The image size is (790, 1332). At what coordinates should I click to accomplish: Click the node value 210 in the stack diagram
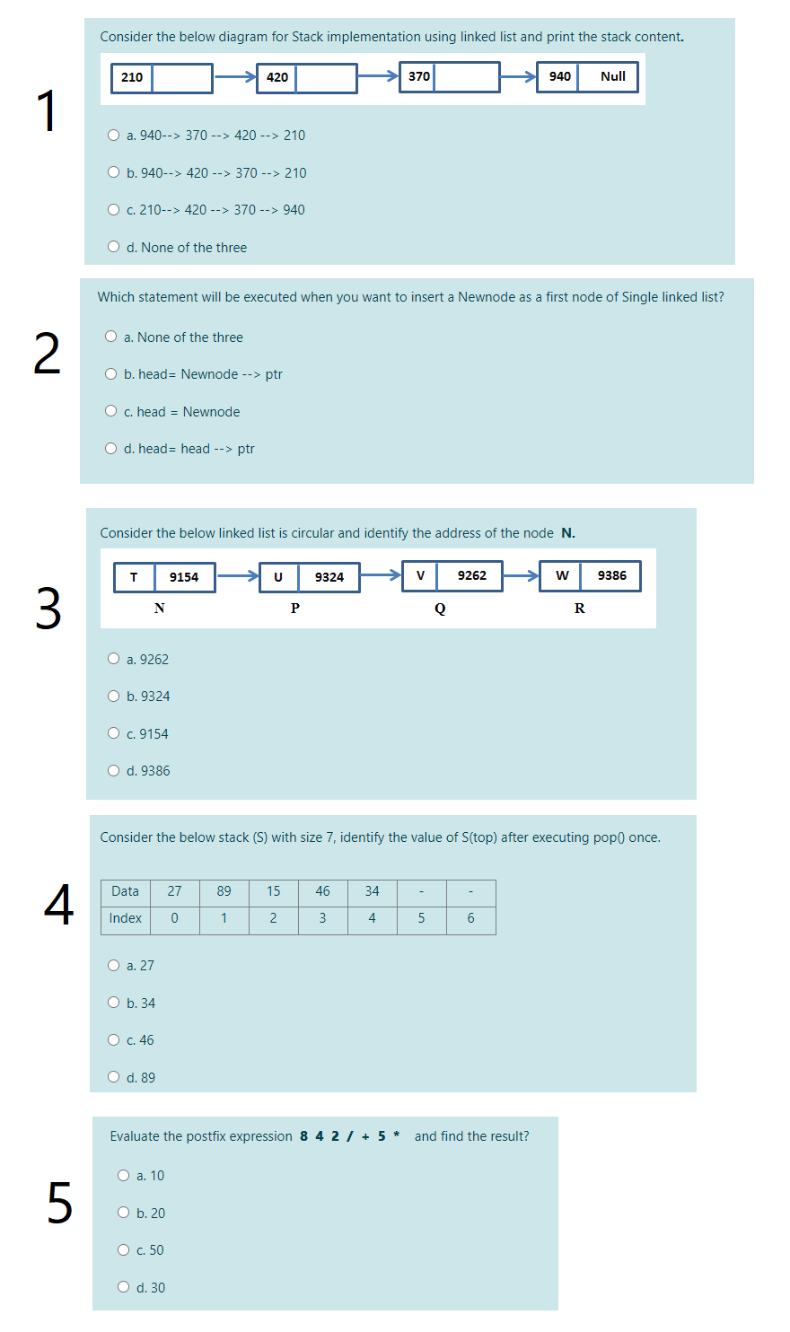pyautogui.click(x=132, y=77)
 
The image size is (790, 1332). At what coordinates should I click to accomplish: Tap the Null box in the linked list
pyautogui.click(x=612, y=77)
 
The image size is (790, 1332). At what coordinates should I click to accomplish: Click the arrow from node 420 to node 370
pyautogui.click(x=378, y=77)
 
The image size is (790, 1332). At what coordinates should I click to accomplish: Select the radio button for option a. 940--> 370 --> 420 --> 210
pyautogui.click(x=114, y=136)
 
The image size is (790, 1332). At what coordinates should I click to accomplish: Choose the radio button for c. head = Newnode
pyautogui.click(x=111, y=412)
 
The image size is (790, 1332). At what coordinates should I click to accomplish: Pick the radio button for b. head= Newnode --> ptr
pyautogui.click(x=111, y=374)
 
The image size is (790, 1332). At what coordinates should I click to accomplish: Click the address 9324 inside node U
pyautogui.click(x=329, y=577)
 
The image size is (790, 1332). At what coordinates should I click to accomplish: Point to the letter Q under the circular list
pyautogui.click(x=440, y=609)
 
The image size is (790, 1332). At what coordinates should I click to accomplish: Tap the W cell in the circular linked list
pyautogui.click(x=562, y=575)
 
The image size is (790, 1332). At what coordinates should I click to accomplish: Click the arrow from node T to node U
pyautogui.click(x=237, y=576)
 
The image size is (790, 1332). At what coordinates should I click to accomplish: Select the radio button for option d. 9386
pyautogui.click(x=114, y=771)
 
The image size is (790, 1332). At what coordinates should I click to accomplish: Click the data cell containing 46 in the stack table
pyautogui.click(x=322, y=891)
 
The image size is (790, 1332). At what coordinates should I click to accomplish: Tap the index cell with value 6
pyautogui.click(x=470, y=918)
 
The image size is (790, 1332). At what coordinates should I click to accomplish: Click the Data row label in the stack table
pyautogui.click(x=125, y=891)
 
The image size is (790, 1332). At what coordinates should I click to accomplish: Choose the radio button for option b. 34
pyautogui.click(x=114, y=1003)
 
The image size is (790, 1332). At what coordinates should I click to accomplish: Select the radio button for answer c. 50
pyautogui.click(x=124, y=1250)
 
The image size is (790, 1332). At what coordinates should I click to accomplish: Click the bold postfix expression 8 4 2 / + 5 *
pyautogui.click(x=349, y=1136)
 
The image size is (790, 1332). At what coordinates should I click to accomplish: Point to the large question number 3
pyautogui.click(x=48, y=609)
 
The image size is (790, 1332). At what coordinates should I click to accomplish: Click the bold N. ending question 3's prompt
pyautogui.click(x=568, y=533)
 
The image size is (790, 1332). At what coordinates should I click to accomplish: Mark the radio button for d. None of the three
pyautogui.click(x=114, y=247)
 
